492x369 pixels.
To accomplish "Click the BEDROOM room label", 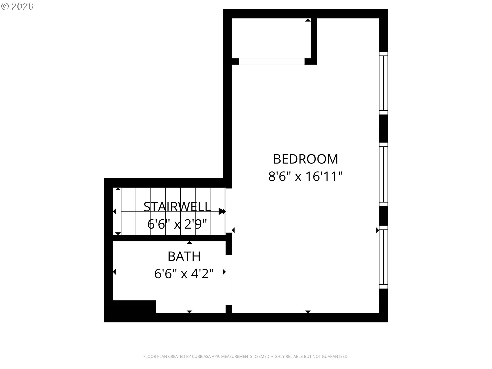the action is click(305, 159).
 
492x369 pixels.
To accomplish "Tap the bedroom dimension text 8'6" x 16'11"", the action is click(305, 176).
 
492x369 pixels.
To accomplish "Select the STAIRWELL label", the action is click(177, 207).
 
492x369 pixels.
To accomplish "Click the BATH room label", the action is click(184, 256).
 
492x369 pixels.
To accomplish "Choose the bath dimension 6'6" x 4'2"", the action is click(184, 273).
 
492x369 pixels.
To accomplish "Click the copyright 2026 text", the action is click(17, 6).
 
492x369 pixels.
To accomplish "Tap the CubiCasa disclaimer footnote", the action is click(246, 356).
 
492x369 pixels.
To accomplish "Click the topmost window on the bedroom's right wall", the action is click(383, 83).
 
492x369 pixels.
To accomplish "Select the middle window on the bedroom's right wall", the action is click(383, 175).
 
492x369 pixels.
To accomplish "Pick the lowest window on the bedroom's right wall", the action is click(383, 257).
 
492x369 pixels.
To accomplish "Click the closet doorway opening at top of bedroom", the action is click(272, 61).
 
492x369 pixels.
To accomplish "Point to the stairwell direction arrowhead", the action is click(222, 212).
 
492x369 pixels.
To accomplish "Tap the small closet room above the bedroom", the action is click(271, 38).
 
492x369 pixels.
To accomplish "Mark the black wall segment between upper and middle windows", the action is click(383, 129).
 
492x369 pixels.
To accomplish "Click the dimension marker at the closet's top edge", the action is click(308, 20).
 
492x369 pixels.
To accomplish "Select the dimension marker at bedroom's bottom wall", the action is click(308, 312).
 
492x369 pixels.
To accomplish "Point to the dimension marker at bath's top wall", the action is click(189, 243).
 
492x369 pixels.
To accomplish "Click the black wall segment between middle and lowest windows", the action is click(383, 216).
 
